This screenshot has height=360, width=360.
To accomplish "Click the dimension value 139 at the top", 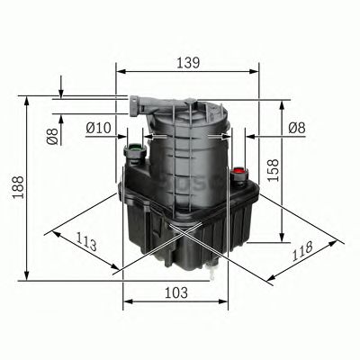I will pyautogui.click(x=186, y=64).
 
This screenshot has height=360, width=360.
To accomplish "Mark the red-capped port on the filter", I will pyautogui.click(x=238, y=169).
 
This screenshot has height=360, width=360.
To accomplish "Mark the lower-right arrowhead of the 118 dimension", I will pyautogui.click(x=342, y=241).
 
